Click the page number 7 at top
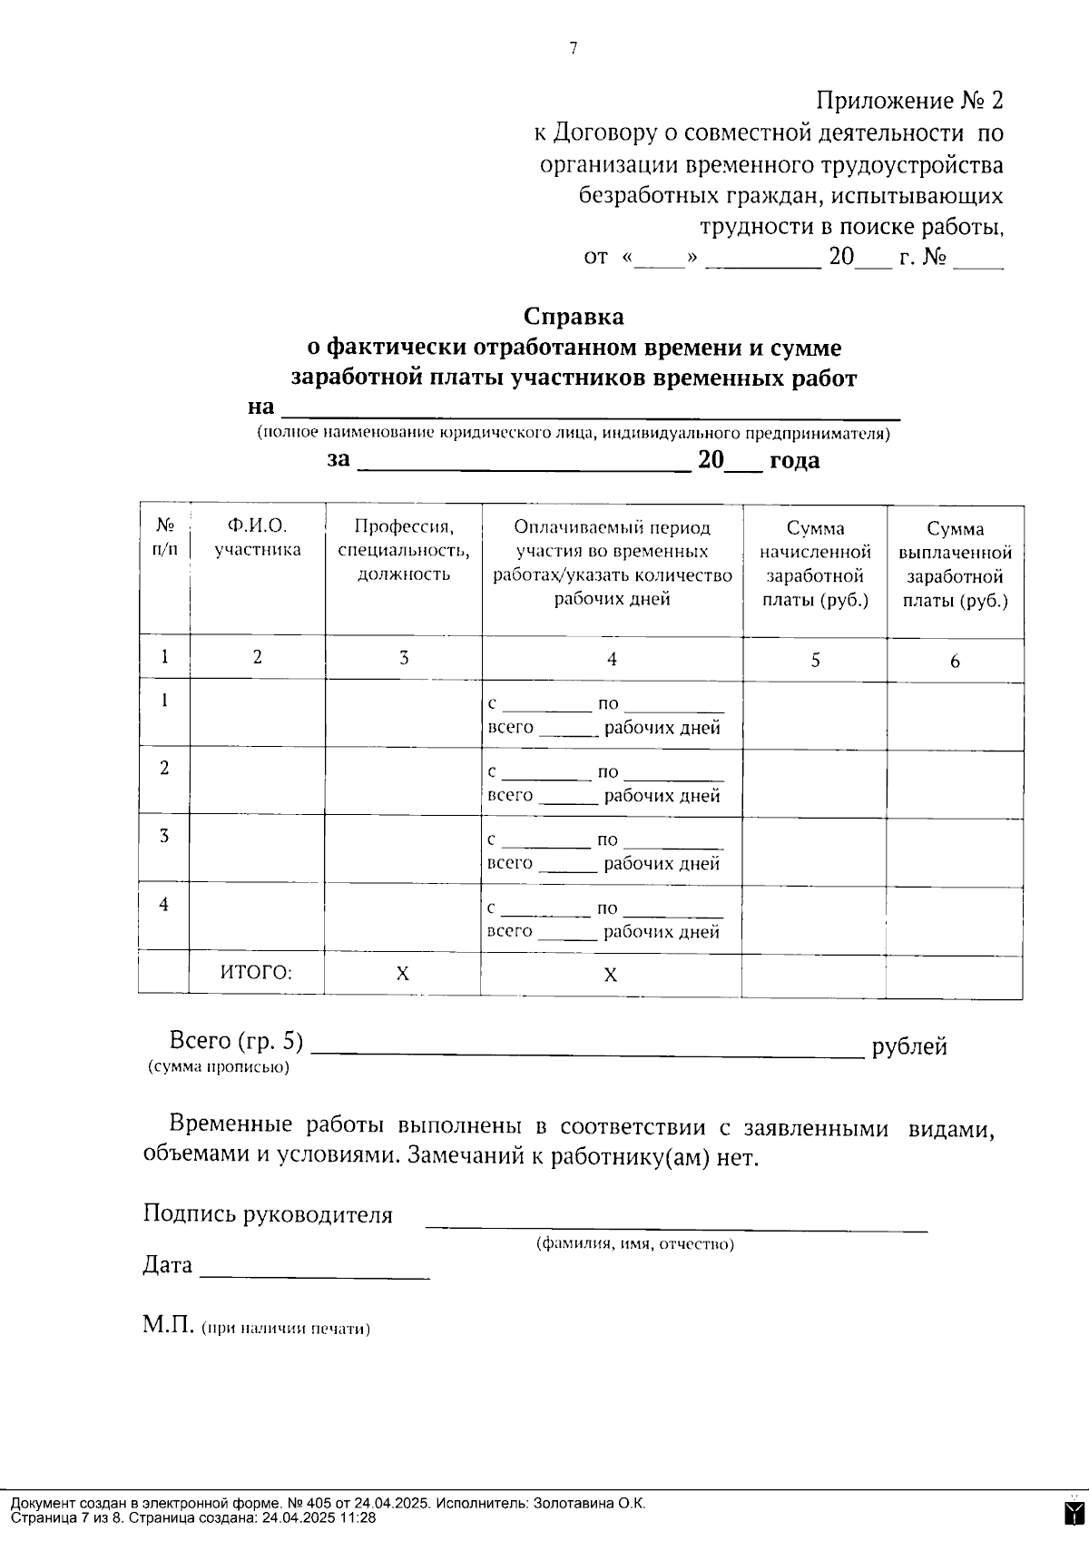point(574,50)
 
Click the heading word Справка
point(574,317)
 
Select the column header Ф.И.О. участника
point(258,537)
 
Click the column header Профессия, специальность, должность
point(403,550)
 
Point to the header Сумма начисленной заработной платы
point(815,564)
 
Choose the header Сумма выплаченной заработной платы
point(955,564)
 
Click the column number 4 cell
point(612,660)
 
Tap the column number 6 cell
point(955,662)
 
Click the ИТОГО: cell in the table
point(257,973)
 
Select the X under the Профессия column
point(403,974)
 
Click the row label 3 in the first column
point(164,836)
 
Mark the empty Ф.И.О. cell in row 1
point(257,715)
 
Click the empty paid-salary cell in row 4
point(955,917)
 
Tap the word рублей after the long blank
point(909,1047)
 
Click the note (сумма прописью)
point(219,1068)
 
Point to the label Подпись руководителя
point(268,1215)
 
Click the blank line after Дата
point(314,1271)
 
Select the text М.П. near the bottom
point(169,1326)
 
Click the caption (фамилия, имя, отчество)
point(635,1244)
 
